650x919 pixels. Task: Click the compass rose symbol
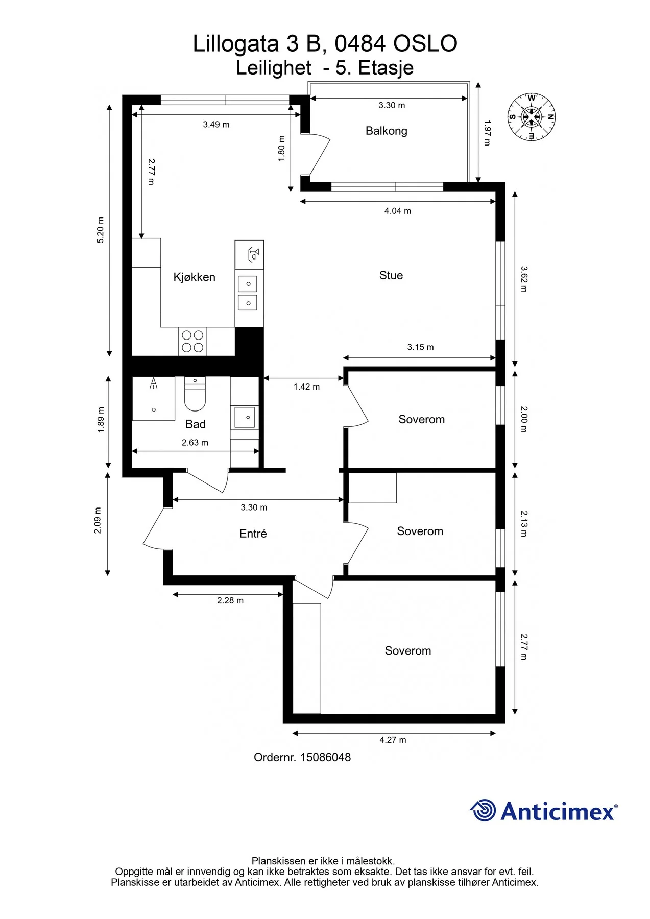click(531, 117)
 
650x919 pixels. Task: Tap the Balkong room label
click(387, 131)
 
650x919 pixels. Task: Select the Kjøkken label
click(195, 277)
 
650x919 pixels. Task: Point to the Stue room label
click(391, 275)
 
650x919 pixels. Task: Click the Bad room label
click(196, 424)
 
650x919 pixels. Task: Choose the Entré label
click(253, 534)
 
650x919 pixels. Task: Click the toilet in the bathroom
click(195, 394)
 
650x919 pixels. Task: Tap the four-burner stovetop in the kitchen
click(192, 342)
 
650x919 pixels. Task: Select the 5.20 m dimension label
click(101, 230)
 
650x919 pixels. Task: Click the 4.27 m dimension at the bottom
click(393, 740)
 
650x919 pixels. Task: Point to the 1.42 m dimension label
click(306, 387)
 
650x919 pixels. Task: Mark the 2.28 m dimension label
click(230, 600)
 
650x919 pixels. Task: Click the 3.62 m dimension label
click(524, 279)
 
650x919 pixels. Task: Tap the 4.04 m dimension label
click(398, 211)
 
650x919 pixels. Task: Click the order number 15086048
click(326, 757)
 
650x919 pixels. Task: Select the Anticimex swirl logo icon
click(483, 810)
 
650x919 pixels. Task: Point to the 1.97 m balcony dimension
click(487, 133)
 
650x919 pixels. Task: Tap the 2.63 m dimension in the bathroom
click(195, 443)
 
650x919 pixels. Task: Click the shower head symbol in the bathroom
click(153, 384)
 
